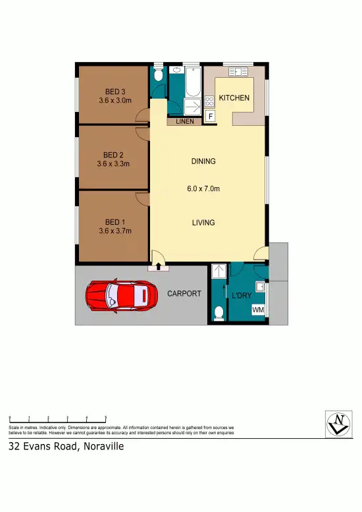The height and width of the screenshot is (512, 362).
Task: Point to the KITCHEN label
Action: tap(234, 98)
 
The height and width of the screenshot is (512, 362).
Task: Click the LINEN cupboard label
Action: tap(184, 121)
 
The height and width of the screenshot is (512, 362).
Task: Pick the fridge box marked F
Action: tap(211, 117)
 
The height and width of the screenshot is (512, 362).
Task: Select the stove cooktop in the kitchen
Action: tap(210, 101)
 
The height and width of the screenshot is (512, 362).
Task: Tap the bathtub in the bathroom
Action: tap(192, 85)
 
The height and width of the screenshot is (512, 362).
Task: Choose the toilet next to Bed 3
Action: tap(158, 76)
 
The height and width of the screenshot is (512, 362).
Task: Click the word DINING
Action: tap(203, 161)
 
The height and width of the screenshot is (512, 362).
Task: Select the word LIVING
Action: tap(203, 223)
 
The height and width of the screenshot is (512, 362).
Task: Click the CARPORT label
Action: tap(184, 293)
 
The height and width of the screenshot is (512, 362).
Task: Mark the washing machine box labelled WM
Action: tap(258, 310)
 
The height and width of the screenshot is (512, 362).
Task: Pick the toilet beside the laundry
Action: tap(219, 310)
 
